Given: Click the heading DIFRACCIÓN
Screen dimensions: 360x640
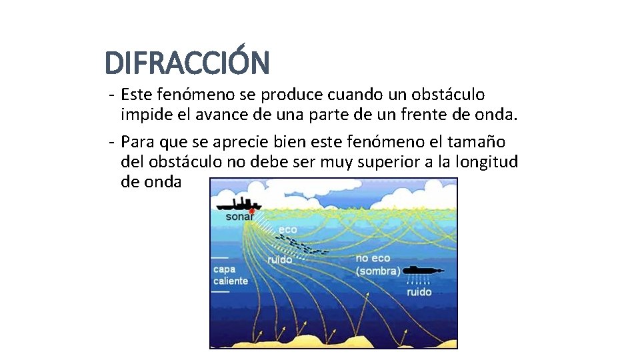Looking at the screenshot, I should [187, 63].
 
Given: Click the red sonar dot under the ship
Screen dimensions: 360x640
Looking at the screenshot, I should [251, 211].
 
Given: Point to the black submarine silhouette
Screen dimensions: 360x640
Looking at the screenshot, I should [421, 270].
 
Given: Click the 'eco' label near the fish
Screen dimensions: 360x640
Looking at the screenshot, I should [288, 229].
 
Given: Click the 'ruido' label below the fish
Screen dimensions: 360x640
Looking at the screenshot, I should [279, 259].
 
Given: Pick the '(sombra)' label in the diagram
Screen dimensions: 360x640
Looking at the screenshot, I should [378, 271].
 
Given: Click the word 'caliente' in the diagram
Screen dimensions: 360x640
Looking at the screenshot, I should [230, 281].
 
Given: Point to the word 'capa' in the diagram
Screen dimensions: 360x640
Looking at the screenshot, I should [224, 269].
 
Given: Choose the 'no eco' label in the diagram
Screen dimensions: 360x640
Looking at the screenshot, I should [373, 258].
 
